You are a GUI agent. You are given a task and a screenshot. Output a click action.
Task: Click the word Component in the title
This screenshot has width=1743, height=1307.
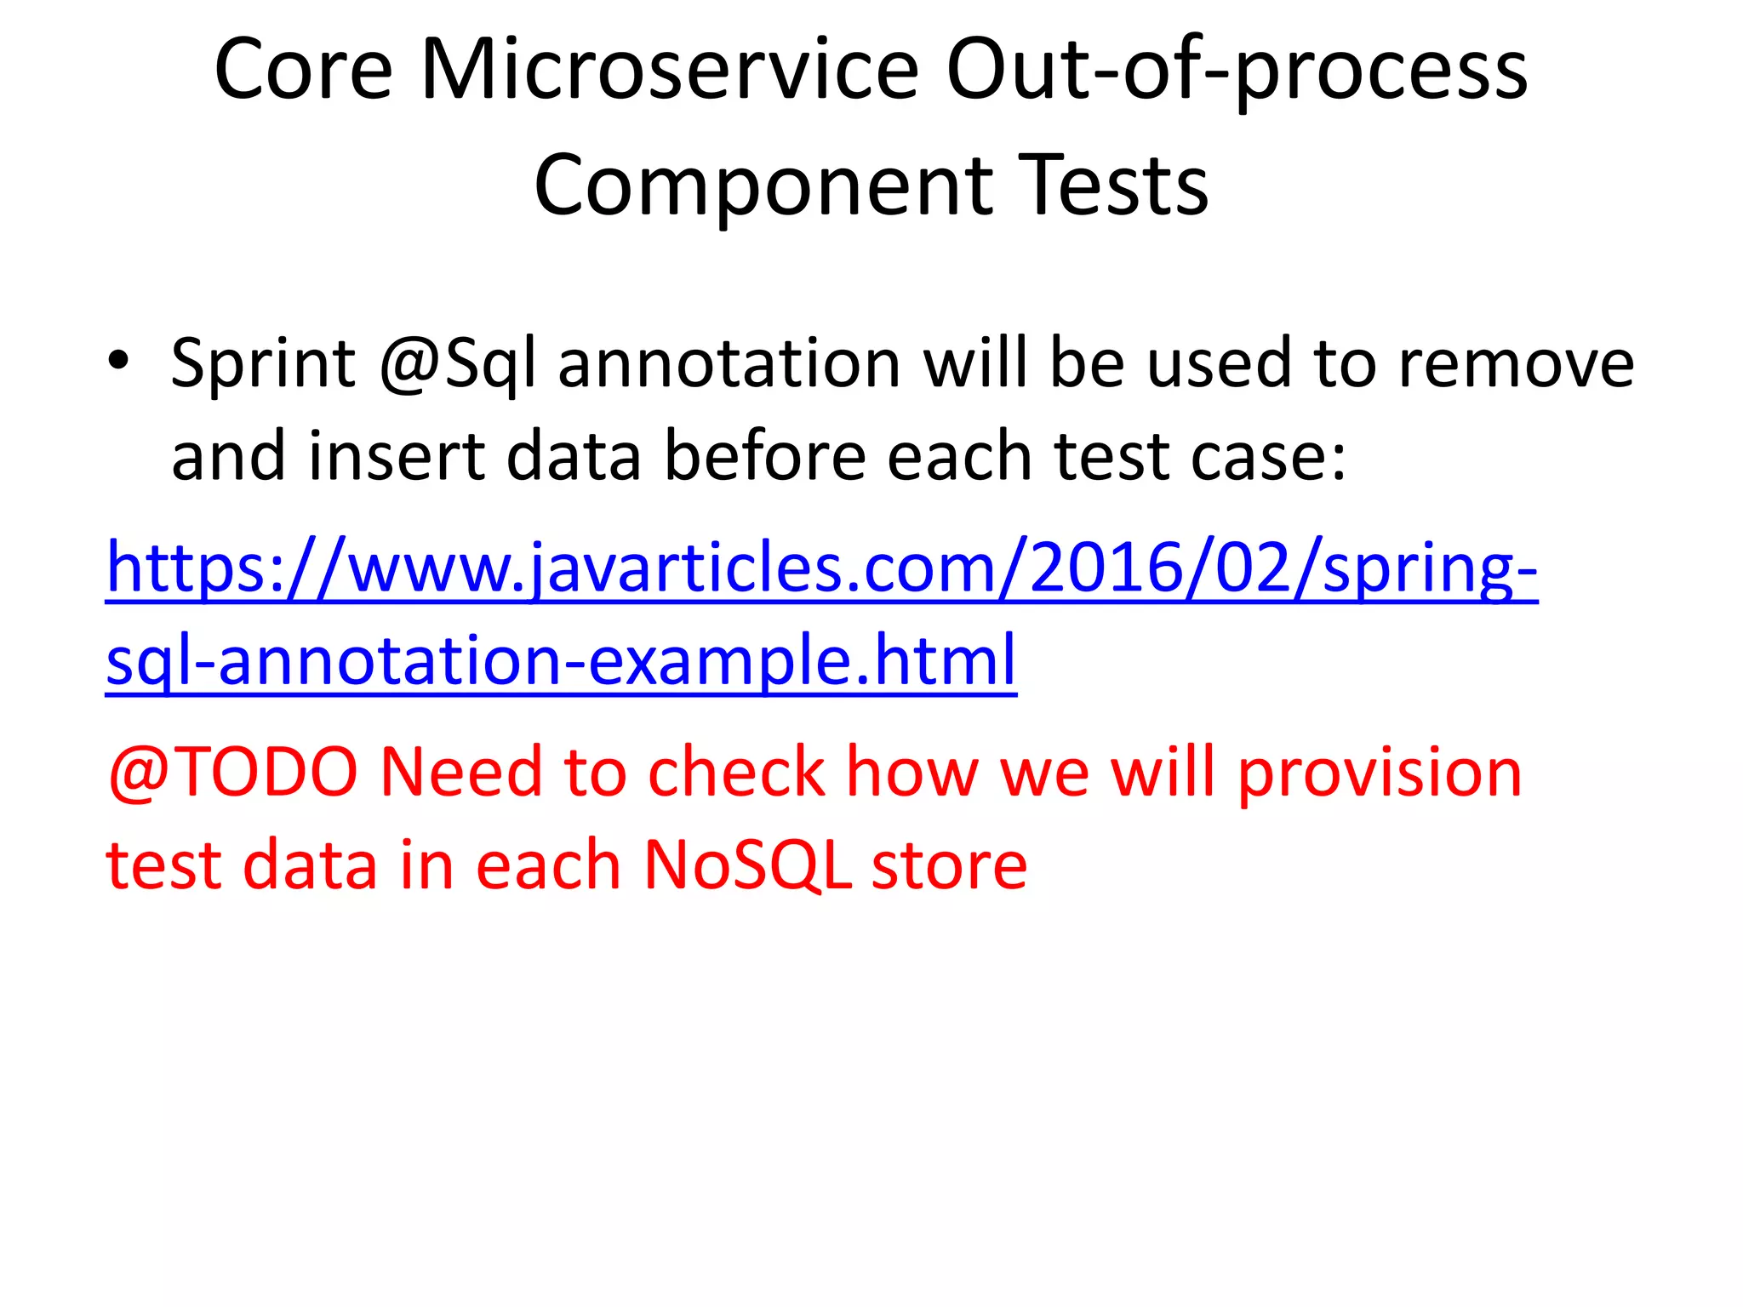pyautogui.click(x=763, y=185)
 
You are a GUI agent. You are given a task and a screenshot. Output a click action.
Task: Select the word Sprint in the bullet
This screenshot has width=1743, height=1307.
pyautogui.click(x=263, y=364)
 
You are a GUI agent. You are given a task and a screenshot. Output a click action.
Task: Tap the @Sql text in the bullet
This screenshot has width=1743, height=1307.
pyautogui.click(x=458, y=364)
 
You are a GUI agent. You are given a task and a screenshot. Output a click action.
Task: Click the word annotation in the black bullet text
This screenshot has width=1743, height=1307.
pyautogui.click(x=729, y=364)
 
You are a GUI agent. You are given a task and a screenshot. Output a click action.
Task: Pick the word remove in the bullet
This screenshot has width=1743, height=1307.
pyautogui.click(x=1516, y=364)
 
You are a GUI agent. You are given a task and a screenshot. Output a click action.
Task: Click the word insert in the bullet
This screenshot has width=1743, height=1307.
pyautogui.click(x=397, y=456)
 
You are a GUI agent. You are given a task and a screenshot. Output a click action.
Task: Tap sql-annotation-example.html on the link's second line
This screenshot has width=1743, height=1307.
pyautogui.click(x=562, y=661)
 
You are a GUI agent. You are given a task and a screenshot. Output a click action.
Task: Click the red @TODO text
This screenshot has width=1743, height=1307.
pyautogui.click(x=232, y=773)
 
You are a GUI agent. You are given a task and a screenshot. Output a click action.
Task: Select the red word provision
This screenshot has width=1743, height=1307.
pyautogui.click(x=1380, y=773)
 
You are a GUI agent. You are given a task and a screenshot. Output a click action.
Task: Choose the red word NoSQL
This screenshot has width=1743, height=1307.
pyautogui.click(x=747, y=865)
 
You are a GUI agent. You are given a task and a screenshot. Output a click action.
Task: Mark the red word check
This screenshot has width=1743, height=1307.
pyautogui.click(x=736, y=773)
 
